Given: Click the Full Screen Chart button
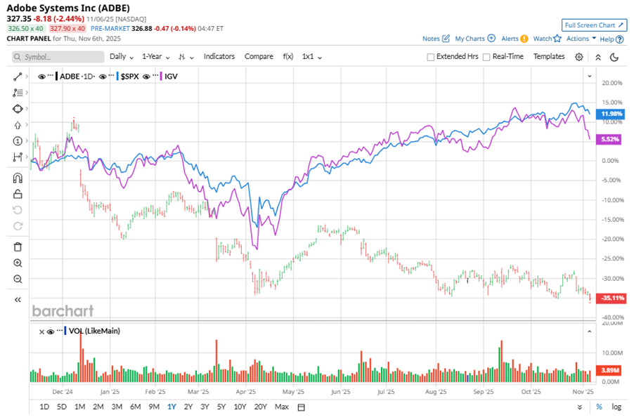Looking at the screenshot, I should click(x=593, y=25).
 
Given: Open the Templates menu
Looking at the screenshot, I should click(x=548, y=57).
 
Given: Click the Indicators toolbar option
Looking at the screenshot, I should click(x=219, y=57).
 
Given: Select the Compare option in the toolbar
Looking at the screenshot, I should click(x=259, y=57).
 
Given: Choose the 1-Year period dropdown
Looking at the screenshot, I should click(x=157, y=57).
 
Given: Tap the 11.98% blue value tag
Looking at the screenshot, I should click(x=609, y=114).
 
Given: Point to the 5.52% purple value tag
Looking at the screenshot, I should click(x=609, y=140).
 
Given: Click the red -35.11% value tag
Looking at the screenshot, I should click(x=609, y=298).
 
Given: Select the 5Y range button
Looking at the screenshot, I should click(x=221, y=407).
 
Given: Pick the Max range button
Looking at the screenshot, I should click(x=282, y=407).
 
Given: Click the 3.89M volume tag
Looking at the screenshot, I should click(x=609, y=369).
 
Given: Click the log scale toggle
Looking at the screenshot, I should click(x=616, y=407).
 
